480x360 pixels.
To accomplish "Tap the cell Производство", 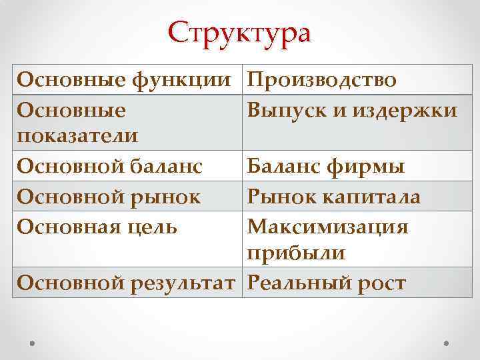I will pyautogui.click(x=323, y=80).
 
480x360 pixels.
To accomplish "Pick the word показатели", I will pyautogui.click(x=78, y=135).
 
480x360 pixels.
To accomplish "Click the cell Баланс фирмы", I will pyautogui.click(x=326, y=167).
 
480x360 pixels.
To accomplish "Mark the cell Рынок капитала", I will pyautogui.click(x=333, y=197).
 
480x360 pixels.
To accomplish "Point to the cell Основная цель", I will pyautogui.click(x=97, y=226).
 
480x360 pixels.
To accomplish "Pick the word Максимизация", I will pyautogui.click(x=327, y=226).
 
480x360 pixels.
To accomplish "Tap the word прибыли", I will pyautogui.click(x=296, y=253).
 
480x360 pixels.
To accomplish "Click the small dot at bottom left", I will pyautogui.click(x=32, y=341).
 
